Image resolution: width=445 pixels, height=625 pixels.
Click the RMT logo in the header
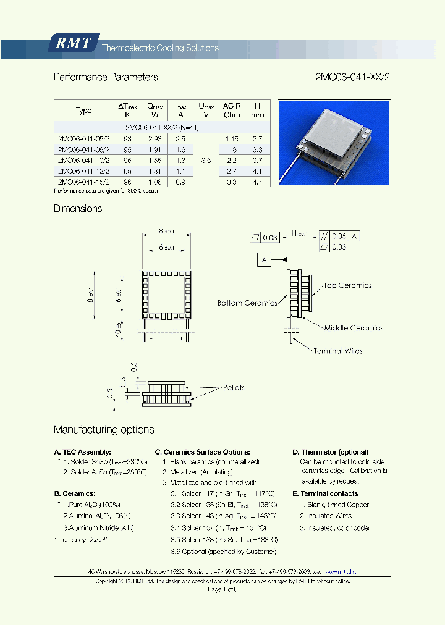point(73,43)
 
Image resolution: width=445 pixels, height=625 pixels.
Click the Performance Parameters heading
point(106,78)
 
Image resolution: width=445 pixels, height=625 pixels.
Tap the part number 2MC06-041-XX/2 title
point(352,78)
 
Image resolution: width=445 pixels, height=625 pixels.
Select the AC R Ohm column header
point(232,111)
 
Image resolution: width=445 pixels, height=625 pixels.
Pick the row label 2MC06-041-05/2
point(83,138)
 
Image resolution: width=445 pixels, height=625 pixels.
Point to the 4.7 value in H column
point(257,182)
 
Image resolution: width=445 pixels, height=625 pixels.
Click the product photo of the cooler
point(334,143)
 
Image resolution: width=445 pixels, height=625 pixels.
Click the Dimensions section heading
point(78,209)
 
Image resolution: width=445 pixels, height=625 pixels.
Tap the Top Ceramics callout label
point(348,285)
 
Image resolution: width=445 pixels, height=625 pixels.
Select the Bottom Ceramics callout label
point(247,303)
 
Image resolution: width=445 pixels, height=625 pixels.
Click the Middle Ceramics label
point(357,328)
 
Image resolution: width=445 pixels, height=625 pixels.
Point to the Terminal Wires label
point(337,351)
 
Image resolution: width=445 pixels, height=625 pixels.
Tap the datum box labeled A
point(264,260)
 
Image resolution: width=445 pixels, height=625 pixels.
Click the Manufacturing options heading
point(104,430)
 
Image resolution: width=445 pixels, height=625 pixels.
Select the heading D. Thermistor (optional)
point(330,452)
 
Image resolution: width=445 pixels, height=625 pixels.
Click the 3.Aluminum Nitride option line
point(98,527)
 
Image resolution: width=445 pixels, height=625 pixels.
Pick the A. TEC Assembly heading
point(82,452)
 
